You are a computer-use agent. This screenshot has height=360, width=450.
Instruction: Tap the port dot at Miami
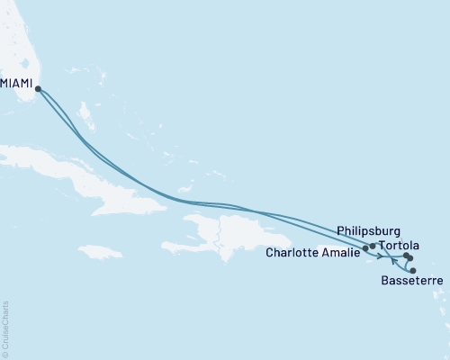click(x=38, y=88)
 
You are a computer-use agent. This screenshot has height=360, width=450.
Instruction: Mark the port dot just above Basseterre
click(x=412, y=270)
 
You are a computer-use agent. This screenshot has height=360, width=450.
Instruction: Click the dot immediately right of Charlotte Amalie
click(x=365, y=247)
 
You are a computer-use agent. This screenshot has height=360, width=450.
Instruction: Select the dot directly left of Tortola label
click(x=373, y=245)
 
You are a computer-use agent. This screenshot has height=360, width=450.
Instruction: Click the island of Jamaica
click(x=100, y=251)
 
